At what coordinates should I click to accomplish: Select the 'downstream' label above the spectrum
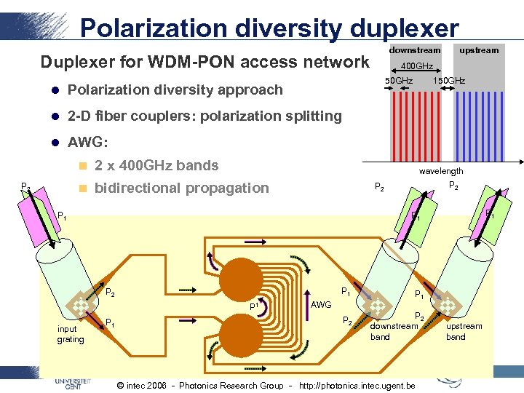(x=415, y=50)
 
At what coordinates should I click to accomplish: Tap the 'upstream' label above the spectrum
(x=478, y=50)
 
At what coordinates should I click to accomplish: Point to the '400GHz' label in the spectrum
(x=418, y=66)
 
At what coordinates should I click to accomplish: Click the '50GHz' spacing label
(x=399, y=80)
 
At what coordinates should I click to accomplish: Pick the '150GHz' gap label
(x=449, y=80)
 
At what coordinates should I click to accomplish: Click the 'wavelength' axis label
(x=441, y=171)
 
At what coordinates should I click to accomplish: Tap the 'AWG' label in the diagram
(x=321, y=304)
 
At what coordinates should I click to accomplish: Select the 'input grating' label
(x=71, y=334)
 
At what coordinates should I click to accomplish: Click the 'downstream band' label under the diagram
(x=394, y=331)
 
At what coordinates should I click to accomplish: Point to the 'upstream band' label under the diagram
(x=464, y=331)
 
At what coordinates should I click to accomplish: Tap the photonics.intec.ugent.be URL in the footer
(x=357, y=385)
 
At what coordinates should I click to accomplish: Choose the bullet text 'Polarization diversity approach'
(x=175, y=90)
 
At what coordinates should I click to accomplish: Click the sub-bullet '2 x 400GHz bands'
(x=156, y=165)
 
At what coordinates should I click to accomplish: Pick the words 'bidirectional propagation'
(x=182, y=188)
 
